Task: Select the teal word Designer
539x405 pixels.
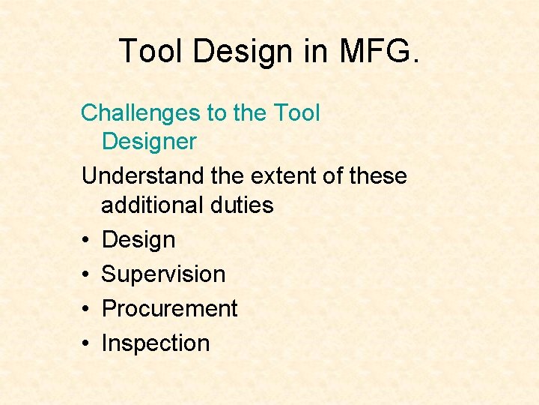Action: pos(149,141)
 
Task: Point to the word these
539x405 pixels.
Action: pos(371,176)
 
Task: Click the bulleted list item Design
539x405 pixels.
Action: pos(138,240)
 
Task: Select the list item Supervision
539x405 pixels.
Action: pos(163,274)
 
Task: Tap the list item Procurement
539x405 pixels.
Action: pos(169,309)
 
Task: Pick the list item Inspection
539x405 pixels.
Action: pos(156,343)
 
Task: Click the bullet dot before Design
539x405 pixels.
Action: pos(87,241)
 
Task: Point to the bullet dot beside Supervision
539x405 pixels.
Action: pos(87,275)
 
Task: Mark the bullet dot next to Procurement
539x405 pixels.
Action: pos(87,310)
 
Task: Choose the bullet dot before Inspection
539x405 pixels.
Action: pos(87,344)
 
